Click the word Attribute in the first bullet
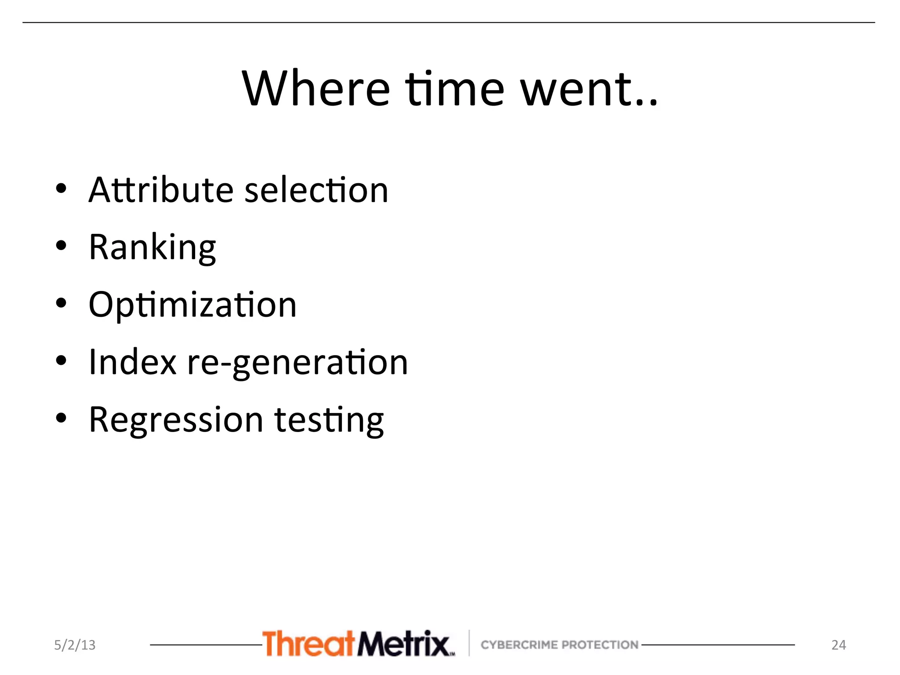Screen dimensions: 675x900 [161, 190]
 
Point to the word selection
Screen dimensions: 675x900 [316, 190]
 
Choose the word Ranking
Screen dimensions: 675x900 [152, 248]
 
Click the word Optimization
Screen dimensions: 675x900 [192, 305]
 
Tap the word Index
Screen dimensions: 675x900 [132, 362]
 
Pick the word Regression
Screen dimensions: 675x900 [176, 420]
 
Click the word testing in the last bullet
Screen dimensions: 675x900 [329, 420]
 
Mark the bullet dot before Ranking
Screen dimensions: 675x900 [61, 246]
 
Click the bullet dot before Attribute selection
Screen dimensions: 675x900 [61, 189]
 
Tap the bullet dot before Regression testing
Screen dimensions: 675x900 [61, 418]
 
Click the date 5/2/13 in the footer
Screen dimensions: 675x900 [75, 645]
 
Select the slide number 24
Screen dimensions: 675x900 [838, 645]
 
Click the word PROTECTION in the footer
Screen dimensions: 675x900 [600, 645]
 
